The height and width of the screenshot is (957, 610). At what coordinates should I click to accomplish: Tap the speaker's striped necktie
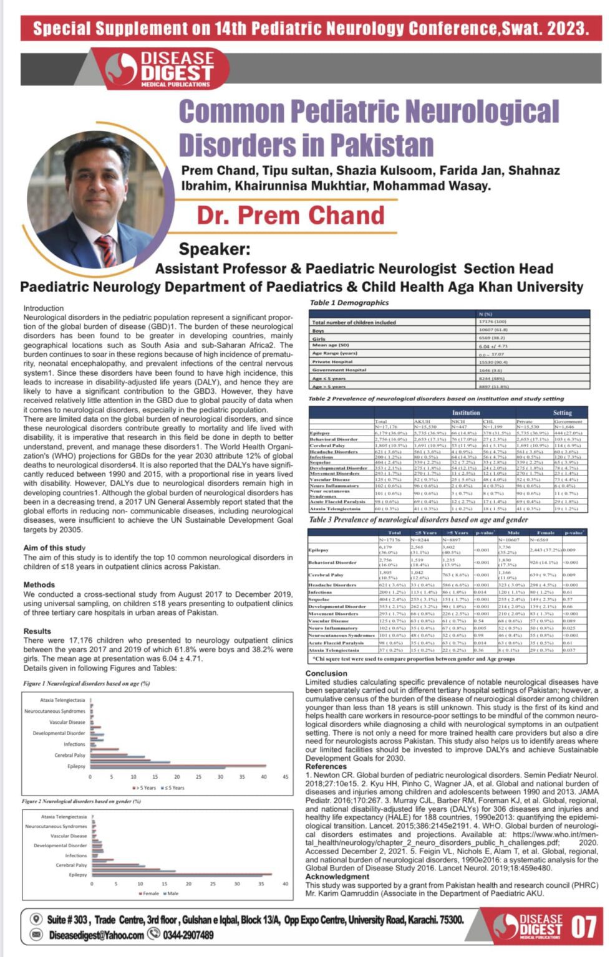[x=106, y=249]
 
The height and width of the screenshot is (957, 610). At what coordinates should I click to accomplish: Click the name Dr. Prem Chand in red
[x=291, y=215]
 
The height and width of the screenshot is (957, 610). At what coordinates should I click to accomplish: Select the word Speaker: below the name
[x=215, y=249]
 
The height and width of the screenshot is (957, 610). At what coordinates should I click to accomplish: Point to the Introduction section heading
[x=44, y=308]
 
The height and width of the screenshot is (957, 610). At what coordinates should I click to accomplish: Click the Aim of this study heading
[x=54, y=548]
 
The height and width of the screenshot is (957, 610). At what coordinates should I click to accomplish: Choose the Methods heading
[x=39, y=585]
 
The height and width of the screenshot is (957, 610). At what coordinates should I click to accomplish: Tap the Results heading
[x=37, y=631]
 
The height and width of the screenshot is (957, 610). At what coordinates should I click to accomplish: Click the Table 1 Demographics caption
[x=349, y=303]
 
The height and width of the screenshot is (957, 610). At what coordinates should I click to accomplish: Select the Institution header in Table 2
[x=466, y=412]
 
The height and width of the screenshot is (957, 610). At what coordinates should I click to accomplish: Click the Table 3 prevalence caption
[x=419, y=520]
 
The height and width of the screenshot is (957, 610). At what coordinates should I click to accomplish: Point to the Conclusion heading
[x=326, y=674]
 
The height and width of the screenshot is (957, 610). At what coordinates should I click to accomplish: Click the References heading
[x=329, y=766]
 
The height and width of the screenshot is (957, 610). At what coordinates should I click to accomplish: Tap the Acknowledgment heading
[x=337, y=877]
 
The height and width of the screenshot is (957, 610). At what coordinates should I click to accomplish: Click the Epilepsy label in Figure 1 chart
[x=77, y=766]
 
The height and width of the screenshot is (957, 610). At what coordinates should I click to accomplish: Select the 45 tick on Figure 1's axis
[x=286, y=777]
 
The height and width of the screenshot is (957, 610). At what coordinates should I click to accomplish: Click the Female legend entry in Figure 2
[x=149, y=893]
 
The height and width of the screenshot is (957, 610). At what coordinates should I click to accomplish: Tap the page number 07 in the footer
[x=584, y=928]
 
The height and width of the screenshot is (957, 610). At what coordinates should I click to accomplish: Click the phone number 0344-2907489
[x=188, y=935]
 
